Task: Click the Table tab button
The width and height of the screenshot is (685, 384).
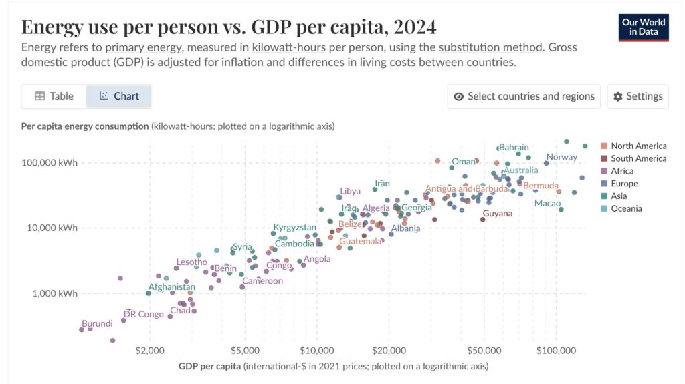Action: point(54,96)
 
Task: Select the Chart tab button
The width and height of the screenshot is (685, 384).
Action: point(119,96)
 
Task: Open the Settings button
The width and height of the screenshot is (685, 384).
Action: point(638,96)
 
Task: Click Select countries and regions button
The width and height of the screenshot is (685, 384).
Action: point(524,96)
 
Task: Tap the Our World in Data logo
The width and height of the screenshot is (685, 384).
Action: point(644,27)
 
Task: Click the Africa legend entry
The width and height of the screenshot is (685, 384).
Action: point(622,171)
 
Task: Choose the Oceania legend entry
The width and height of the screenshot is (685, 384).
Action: point(626,208)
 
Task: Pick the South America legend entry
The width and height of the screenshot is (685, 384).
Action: point(638,158)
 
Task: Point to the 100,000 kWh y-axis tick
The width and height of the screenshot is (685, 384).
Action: point(50,162)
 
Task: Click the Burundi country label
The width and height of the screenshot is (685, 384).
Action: point(97,323)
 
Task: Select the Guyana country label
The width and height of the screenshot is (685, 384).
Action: point(497,214)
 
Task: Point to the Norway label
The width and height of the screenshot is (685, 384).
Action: point(561,157)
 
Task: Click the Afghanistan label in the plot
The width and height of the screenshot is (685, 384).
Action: point(171,287)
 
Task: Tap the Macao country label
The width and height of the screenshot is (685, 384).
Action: point(547,203)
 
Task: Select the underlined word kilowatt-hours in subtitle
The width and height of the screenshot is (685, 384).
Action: point(285,47)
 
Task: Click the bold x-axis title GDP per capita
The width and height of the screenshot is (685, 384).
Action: point(209,366)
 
